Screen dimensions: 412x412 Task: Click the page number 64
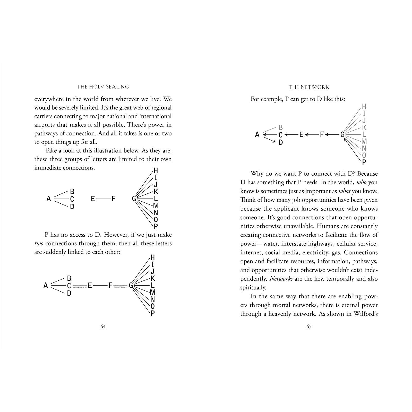pyautogui.click(x=103, y=327)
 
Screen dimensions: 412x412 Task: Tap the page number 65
pyautogui.click(x=309, y=327)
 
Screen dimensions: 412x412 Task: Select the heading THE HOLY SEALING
pyautogui.click(x=103, y=87)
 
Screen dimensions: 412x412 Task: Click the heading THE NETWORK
pyautogui.click(x=309, y=87)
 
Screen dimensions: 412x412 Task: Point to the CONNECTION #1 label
pyautogui.click(x=80, y=287)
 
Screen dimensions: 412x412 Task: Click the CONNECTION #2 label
pyautogui.click(x=121, y=287)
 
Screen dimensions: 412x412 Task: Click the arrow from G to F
pyautogui.click(x=332, y=134)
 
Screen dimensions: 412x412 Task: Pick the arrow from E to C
pyautogui.click(x=291, y=134)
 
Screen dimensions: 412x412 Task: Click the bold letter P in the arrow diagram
pyautogui.click(x=364, y=162)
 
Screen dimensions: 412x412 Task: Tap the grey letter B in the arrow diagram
pyautogui.click(x=281, y=127)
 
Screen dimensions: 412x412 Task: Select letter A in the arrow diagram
pyautogui.click(x=257, y=134)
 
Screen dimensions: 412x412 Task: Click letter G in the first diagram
pyautogui.click(x=134, y=199)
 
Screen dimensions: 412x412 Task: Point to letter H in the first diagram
pyautogui.click(x=156, y=170)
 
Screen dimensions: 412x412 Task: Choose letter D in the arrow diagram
pyautogui.click(x=281, y=142)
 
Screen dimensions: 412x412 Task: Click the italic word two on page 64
pyautogui.click(x=39, y=244)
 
